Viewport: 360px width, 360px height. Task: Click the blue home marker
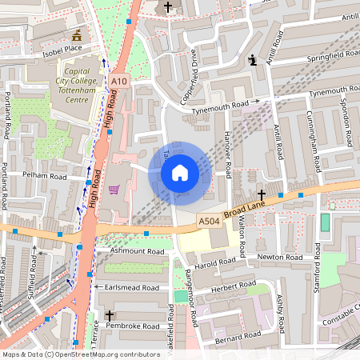180,172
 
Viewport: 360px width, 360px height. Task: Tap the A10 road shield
119,82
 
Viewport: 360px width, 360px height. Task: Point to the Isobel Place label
62,49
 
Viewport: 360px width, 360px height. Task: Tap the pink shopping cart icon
114,190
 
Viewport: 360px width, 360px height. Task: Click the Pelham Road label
46,175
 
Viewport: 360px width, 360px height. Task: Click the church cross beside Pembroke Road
110,317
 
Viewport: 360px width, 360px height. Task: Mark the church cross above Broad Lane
262,194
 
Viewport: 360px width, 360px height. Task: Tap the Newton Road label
280,258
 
